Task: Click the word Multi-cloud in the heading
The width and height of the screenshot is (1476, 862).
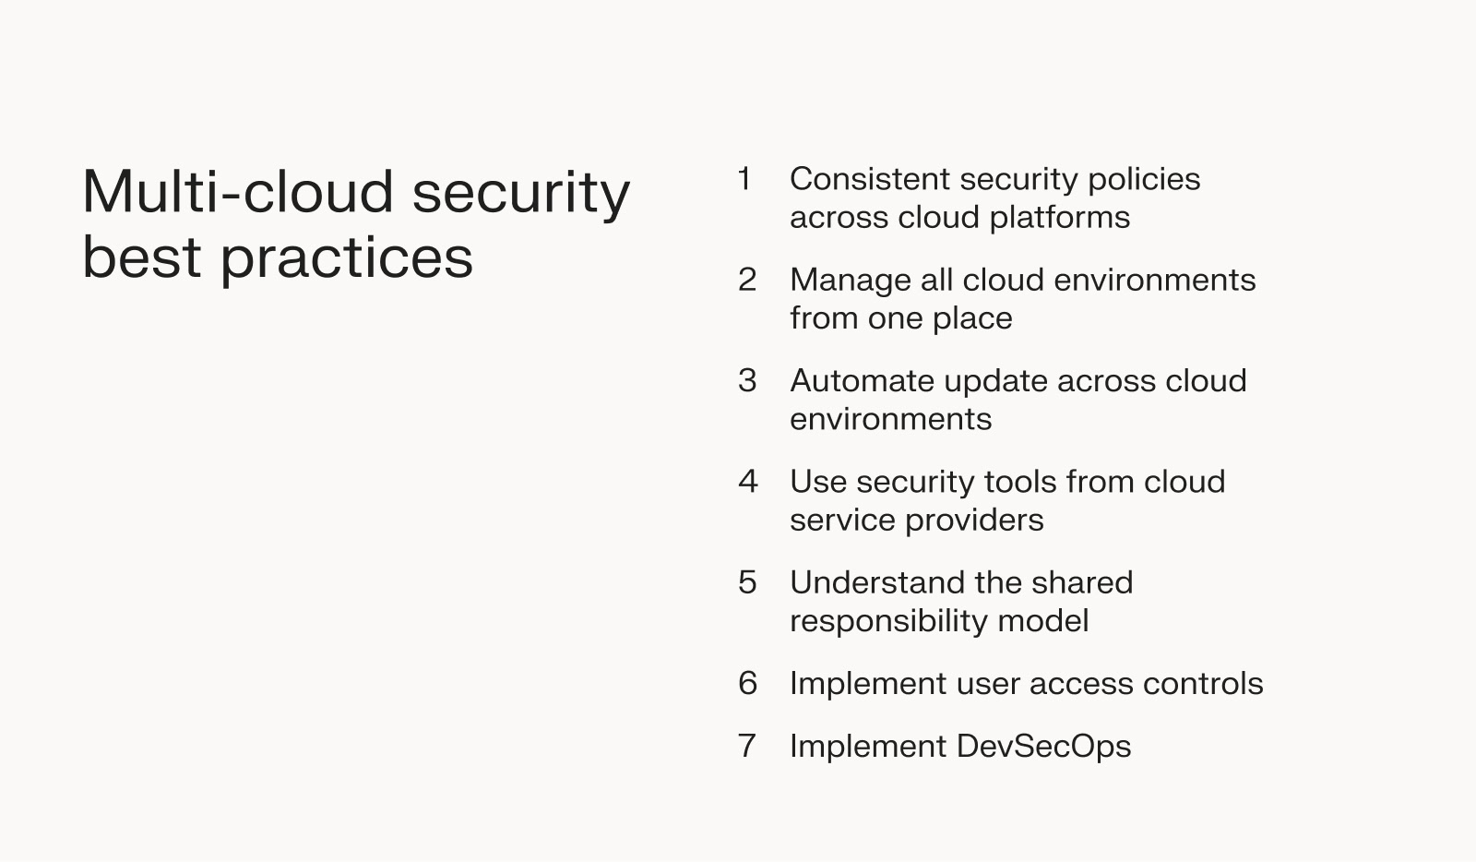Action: (239, 192)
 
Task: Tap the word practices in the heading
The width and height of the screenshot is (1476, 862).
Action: (346, 257)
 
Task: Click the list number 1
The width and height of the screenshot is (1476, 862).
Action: (744, 179)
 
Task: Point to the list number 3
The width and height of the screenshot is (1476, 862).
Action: (747, 381)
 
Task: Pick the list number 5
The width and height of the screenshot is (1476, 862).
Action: (747, 582)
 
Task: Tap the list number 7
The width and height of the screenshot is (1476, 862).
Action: (747, 746)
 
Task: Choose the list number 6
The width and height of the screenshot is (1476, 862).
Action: (747, 684)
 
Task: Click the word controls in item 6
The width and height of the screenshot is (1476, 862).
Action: (1202, 684)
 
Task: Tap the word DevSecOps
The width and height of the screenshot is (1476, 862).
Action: (1043, 746)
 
